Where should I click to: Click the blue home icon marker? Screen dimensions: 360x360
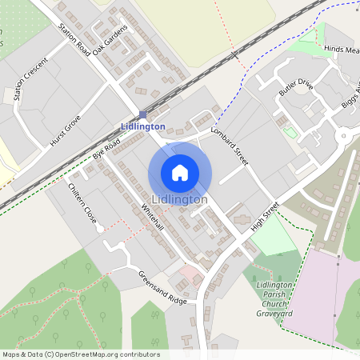pyautogui.click(x=180, y=173)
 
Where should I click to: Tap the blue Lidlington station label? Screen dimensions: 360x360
pyautogui.click(x=142, y=126)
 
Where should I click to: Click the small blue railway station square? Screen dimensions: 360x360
pyautogui.click(x=142, y=114)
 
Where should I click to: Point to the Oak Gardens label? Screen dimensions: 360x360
pyautogui.click(x=110, y=41)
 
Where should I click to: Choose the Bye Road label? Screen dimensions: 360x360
pyautogui.click(x=106, y=147)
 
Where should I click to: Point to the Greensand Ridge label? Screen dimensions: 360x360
pyautogui.click(x=162, y=288)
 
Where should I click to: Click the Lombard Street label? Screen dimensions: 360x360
pyautogui.click(x=230, y=146)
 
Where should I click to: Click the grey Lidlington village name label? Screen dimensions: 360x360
pyautogui.click(x=180, y=199)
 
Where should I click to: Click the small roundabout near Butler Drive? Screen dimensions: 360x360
pyautogui.click(x=344, y=137)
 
